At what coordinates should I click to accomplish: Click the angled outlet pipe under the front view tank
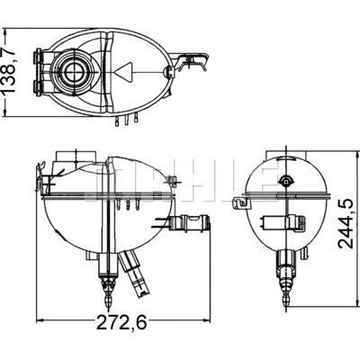[135, 274]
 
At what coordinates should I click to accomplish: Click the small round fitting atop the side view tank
[286, 182]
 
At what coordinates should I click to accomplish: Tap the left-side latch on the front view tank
[41, 171]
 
